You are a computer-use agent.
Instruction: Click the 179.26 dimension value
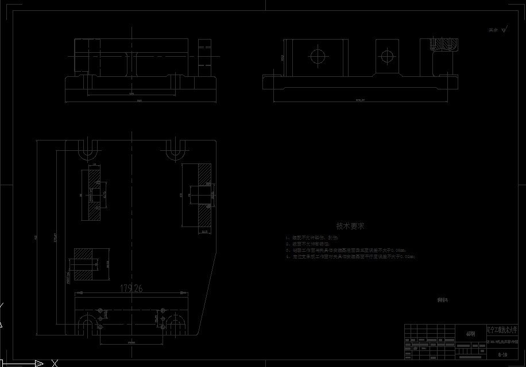click(131, 288)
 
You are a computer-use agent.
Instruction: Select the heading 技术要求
click(350, 226)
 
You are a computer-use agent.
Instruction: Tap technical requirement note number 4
click(350, 257)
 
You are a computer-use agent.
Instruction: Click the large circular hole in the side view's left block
click(318, 56)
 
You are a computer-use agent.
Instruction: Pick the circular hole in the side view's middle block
click(387, 56)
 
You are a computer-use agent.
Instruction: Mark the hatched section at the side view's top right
click(445, 45)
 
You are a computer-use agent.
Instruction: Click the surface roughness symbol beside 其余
click(504, 30)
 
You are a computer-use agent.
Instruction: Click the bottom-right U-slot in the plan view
click(176, 326)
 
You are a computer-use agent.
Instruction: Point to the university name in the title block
click(505, 330)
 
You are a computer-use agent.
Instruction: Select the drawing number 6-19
click(502, 354)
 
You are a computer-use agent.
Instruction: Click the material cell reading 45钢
click(471, 333)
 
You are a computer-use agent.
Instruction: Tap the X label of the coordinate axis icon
click(55, 363)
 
